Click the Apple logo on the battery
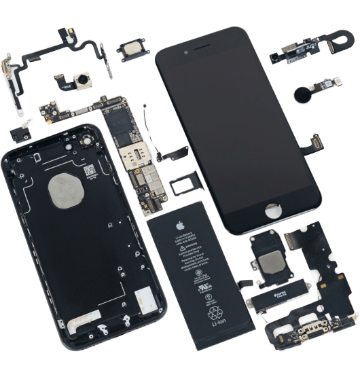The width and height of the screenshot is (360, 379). coord(180,225)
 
